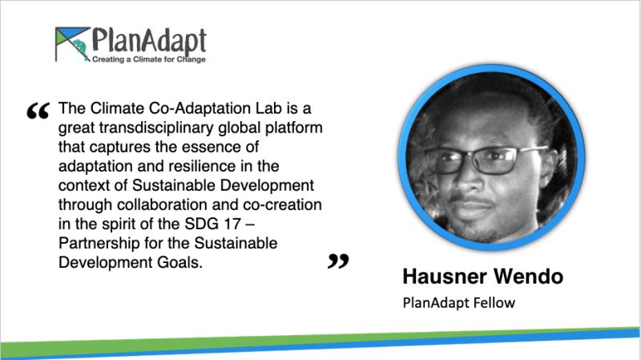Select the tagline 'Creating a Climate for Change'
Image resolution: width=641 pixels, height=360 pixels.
click(x=149, y=59)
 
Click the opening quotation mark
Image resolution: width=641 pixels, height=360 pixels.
click(x=38, y=111)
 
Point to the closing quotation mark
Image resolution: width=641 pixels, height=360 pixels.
click(x=338, y=261)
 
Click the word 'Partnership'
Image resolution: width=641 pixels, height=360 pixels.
click(x=99, y=244)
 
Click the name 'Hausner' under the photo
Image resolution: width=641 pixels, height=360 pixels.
click(x=445, y=277)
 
